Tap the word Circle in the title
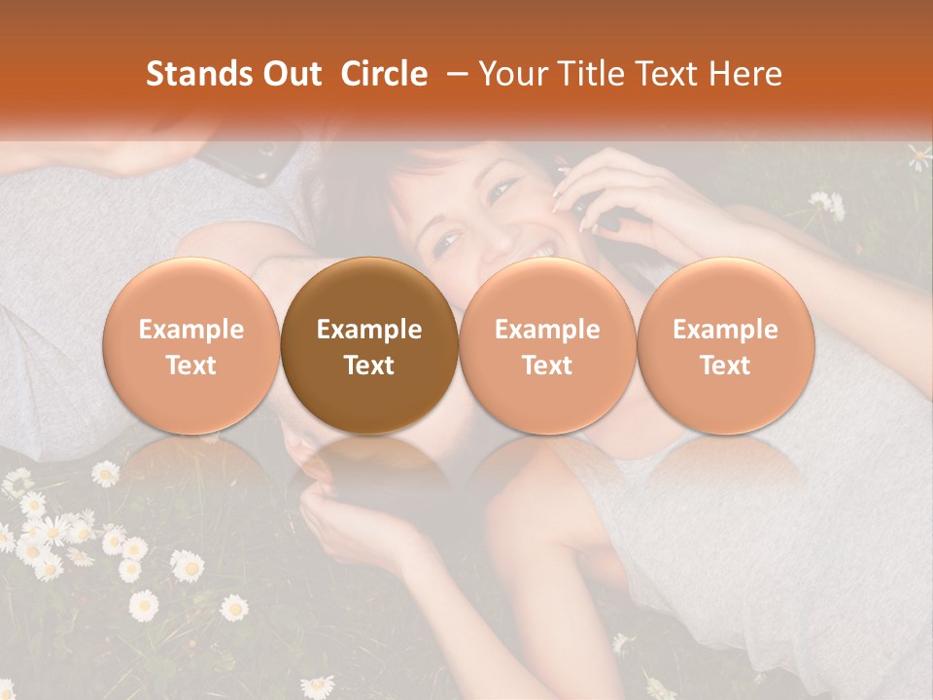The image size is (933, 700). point(384,74)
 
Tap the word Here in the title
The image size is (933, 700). point(745,74)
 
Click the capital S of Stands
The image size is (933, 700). point(154,74)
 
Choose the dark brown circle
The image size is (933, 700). point(369,346)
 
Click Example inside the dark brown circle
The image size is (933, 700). point(369,330)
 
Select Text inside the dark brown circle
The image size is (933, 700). point(369,366)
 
